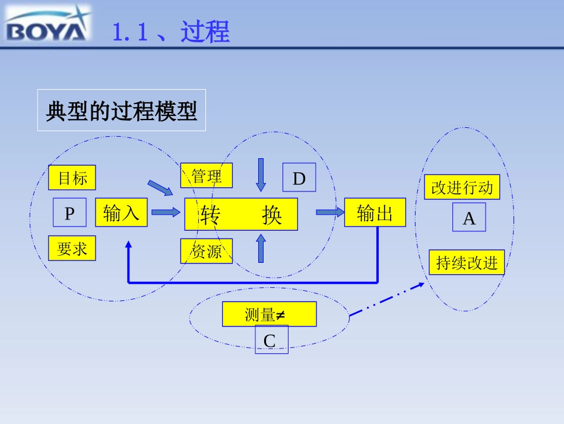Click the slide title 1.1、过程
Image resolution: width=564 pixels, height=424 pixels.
coord(171,33)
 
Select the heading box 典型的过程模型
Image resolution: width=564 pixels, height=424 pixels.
coord(122,111)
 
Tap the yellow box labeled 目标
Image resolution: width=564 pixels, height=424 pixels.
coord(72,178)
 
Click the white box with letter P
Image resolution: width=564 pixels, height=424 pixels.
coord(69,213)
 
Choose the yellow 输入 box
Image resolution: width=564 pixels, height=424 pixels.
coord(121,212)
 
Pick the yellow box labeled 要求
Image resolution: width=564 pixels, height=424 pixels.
coord(72,249)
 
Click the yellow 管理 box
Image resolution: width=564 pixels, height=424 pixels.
coord(206,176)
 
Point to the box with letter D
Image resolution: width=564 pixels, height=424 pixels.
coord(299,178)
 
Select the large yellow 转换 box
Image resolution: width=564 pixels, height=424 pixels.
coord(240,214)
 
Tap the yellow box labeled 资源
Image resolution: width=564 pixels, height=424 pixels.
coord(206,251)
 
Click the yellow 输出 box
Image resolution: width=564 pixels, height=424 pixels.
coord(375,212)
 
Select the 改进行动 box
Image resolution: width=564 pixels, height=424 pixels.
coord(462,187)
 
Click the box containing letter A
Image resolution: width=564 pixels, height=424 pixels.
coord(468,218)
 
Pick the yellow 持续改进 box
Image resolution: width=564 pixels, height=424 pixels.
coord(467,262)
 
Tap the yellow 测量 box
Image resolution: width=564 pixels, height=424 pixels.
coord(269,314)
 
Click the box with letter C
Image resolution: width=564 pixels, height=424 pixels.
coord(271,340)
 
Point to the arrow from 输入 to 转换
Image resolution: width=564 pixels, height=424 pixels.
coord(165,212)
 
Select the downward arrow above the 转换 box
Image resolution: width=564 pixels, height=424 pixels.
coord(261,175)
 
